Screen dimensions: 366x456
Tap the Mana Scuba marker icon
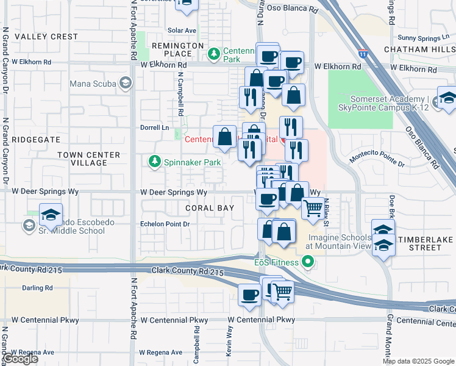point(126,83)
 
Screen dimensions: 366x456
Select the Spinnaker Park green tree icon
point(155,162)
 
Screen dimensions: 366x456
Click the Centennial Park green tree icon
point(214,55)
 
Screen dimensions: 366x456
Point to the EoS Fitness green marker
point(308,263)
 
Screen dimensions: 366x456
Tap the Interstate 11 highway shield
point(363,54)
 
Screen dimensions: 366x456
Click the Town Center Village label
point(82,159)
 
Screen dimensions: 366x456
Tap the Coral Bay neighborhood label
point(210,208)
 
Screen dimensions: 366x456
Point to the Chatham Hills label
point(419,49)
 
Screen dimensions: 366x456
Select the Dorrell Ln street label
point(155,127)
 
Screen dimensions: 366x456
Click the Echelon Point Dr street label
point(165,224)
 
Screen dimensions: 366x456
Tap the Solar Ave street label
point(182,30)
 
